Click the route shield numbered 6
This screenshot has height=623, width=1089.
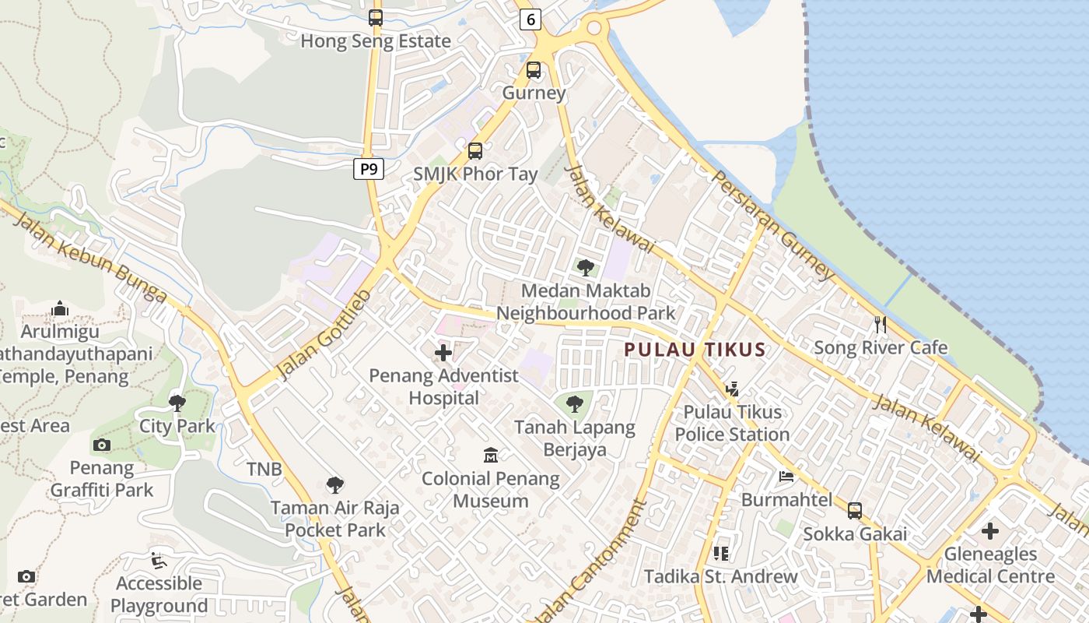[530, 19]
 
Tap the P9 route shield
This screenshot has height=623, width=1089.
[369, 168]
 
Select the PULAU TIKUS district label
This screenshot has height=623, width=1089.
[695, 350]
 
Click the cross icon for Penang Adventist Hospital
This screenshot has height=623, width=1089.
[443, 354]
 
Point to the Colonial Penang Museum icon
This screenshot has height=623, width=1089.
[491, 455]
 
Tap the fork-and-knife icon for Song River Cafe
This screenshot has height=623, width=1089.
[881, 325]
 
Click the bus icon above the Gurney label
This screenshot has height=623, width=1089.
[534, 70]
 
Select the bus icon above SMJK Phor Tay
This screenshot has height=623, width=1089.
[475, 151]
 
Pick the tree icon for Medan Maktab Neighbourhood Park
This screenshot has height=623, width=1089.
[586, 269]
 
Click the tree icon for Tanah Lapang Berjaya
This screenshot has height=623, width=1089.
[575, 404]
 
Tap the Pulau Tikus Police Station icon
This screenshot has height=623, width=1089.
[731, 389]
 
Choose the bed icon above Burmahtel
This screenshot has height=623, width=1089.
[786, 477]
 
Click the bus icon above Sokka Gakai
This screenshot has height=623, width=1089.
[855, 511]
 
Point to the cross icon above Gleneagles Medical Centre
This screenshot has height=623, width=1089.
[990, 531]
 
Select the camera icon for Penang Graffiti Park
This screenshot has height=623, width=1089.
[102, 445]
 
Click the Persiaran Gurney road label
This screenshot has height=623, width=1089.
[772, 225]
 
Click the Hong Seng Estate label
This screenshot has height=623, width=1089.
[376, 41]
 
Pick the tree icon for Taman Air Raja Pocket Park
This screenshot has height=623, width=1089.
[335, 485]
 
